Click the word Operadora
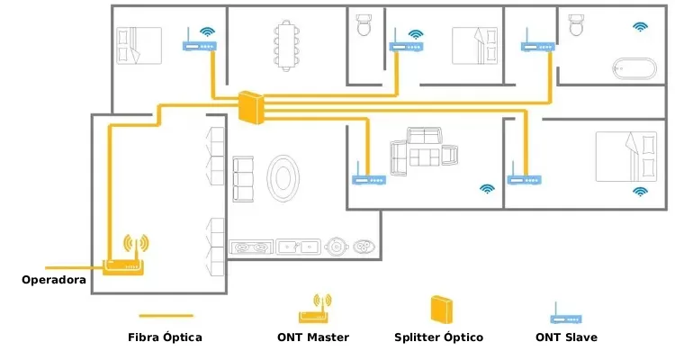tap(54, 280)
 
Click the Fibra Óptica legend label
tap(165, 337)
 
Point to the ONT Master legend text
tap(313, 337)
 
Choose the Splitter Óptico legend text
tap(438, 337)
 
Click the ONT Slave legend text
tap(566, 337)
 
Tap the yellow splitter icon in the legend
tap(440, 309)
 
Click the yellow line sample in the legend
tap(166, 315)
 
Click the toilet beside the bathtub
tap(576, 24)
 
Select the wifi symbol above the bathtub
tap(640, 27)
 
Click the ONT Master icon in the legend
tap(313, 309)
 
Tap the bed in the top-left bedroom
tap(139, 45)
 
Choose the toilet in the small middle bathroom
tap(364, 24)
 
